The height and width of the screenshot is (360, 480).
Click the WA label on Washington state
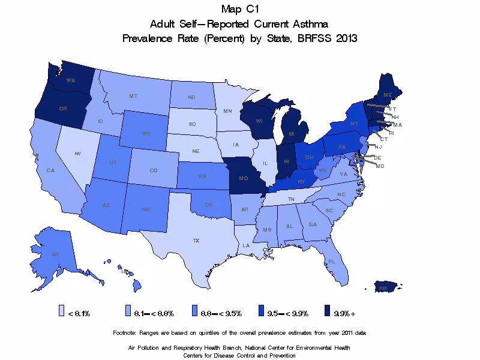coord(70,80)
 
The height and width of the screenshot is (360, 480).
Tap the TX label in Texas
coord(196,240)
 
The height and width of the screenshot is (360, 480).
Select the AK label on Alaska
coord(55,254)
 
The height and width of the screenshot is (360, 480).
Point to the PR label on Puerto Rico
coord(382,289)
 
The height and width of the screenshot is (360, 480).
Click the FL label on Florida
coord(331,262)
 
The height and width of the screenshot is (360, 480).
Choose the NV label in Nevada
coord(77,154)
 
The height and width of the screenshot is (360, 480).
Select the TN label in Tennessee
coord(290,199)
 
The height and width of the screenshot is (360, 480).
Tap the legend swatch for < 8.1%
coord(61,311)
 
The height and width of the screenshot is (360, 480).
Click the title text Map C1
coord(239,9)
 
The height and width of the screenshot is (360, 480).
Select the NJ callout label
coord(378,146)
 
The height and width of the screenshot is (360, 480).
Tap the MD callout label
coord(380,166)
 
